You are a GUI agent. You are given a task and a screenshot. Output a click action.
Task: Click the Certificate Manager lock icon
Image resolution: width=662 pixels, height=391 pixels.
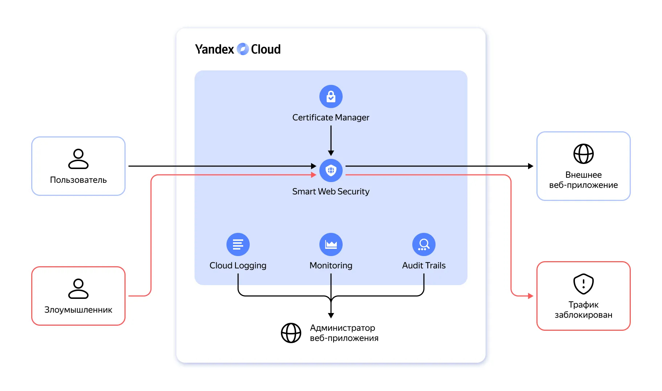(x=331, y=96)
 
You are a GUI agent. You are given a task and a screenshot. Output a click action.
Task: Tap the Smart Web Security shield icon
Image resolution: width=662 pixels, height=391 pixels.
(x=331, y=170)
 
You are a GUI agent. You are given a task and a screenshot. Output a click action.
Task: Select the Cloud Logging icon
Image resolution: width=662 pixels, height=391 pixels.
(x=238, y=244)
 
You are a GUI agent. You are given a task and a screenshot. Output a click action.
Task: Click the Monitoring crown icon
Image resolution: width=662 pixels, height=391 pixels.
(x=331, y=244)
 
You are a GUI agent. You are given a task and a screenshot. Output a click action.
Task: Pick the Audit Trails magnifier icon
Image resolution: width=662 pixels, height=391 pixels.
(x=424, y=244)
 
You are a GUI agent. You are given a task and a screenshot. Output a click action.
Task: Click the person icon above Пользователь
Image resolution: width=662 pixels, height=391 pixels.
(x=78, y=159)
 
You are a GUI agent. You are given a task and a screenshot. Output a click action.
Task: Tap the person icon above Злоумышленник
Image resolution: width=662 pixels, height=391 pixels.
(x=78, y=289)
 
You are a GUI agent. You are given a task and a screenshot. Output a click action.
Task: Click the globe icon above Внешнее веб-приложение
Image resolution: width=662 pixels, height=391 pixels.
(x=583, y=154)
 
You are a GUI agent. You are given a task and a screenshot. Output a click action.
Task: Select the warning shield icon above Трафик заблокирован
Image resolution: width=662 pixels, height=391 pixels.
(x=583, y=284)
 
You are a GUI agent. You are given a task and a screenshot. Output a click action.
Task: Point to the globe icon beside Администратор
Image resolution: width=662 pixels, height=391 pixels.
(x=291, y=333)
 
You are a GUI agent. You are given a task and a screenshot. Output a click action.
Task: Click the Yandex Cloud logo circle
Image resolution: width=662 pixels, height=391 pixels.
(x=242, y=49)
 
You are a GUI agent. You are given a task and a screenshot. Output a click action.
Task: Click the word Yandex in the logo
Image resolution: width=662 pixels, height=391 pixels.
(x=214, y=49)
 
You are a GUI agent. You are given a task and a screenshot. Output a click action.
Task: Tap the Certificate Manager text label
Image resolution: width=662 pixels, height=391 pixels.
(x=331, y=118)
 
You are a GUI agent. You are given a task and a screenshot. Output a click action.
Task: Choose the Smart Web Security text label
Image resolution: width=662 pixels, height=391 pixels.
(x=331, y=192)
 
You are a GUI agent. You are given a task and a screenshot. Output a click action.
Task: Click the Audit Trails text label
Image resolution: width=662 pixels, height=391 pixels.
(x=424, y=266)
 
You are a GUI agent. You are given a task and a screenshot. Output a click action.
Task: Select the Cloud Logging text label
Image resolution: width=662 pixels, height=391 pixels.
(x=238, y=266)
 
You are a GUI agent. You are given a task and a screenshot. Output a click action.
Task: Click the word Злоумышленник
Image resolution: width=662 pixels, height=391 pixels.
(x=78, y=310)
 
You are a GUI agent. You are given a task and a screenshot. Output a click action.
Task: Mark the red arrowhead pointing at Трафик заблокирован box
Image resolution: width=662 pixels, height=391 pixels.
(x=531, y=296)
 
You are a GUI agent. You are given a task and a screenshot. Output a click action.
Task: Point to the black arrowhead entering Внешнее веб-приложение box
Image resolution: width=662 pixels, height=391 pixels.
(x=531, y=166)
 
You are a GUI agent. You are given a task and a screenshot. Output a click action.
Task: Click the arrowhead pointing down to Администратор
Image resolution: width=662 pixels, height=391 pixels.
(x=331, y=315)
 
